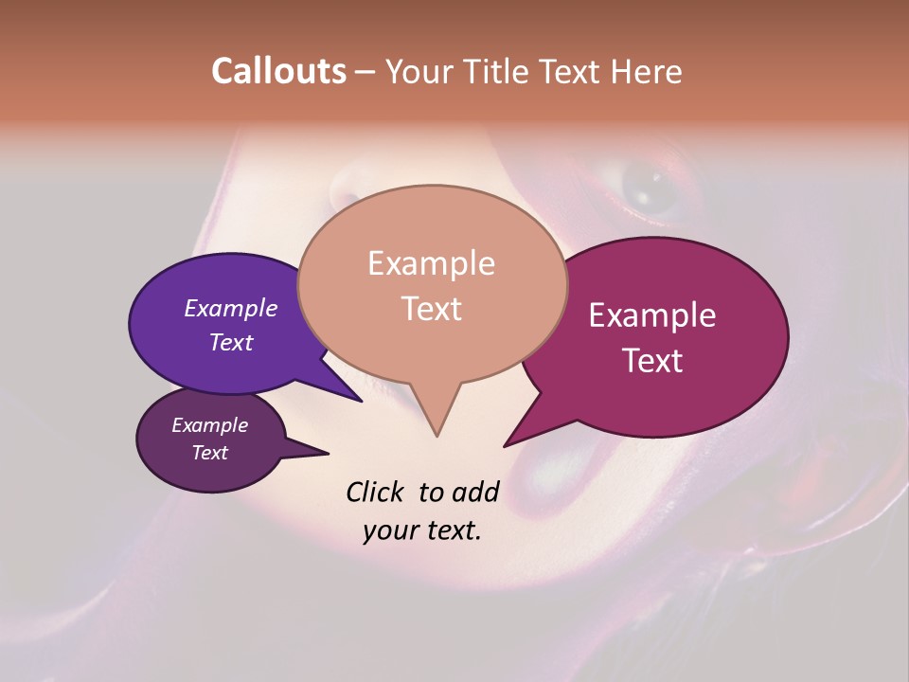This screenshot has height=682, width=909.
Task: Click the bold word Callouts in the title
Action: (278, 71)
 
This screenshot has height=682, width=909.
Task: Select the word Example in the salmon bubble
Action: (432, 263)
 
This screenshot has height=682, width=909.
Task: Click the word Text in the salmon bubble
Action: (432, 309)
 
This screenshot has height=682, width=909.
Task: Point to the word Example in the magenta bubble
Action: (652, 315)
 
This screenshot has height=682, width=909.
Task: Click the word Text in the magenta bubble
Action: (652, 361)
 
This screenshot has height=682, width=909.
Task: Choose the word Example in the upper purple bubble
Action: (231, 308)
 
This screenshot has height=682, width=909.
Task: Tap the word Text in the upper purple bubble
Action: (231, 342)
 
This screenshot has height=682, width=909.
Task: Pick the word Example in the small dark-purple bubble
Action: (209, 425)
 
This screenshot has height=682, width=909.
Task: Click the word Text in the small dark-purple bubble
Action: (209, 453)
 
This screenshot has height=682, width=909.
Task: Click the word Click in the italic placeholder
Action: (377, 492)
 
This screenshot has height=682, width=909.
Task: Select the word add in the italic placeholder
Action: (474, 492)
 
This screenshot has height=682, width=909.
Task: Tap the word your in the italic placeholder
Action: (388, 530)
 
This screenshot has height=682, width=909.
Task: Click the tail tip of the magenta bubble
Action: (505, 445)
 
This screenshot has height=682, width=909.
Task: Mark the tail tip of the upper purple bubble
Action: (362, 401)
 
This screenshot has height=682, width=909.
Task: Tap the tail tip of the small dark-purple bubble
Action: (328, 454)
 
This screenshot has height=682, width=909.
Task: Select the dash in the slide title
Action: (365, 72)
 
